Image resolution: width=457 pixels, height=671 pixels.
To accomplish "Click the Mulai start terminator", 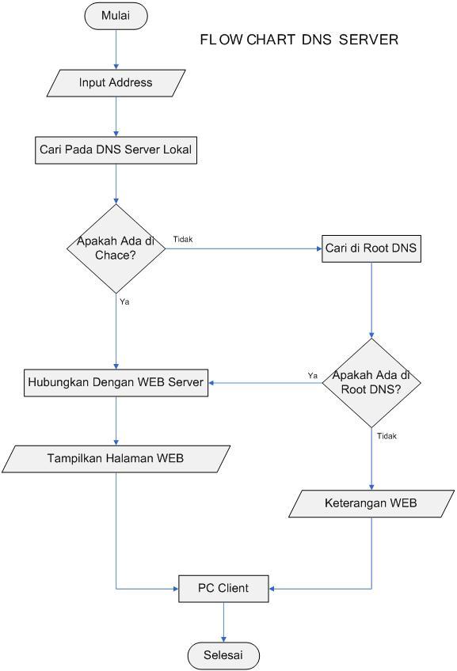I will [116, 16].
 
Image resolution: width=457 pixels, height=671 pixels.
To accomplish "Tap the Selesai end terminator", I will [223, 655].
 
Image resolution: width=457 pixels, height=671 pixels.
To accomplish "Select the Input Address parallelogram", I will [116, 82].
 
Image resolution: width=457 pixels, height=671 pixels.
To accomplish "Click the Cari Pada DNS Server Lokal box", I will [116, 150].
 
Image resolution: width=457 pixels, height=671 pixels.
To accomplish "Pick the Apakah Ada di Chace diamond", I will [116, 248].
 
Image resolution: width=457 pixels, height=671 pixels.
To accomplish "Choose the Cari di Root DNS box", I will [371, 248].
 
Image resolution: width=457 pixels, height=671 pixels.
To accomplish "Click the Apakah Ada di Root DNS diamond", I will [371, 383].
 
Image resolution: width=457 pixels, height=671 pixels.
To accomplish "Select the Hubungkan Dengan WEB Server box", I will [116, 383].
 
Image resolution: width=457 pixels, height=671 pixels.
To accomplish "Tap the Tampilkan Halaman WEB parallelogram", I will [116, 459].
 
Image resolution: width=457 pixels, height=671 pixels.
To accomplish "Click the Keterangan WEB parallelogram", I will [371, 503].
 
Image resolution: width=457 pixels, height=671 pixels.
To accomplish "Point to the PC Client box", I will [223, 589].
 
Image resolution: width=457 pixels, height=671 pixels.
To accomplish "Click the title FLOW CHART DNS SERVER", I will [299, 40].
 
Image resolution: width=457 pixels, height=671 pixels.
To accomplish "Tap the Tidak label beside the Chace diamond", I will [183, 240].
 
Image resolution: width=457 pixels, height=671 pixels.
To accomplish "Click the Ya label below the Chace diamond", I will [124, 302].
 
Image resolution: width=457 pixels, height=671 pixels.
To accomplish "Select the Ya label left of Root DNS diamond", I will [312, 375].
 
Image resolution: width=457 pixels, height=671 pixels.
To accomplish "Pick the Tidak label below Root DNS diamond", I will [387, 436].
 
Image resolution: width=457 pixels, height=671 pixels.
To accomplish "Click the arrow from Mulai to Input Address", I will [116, 49].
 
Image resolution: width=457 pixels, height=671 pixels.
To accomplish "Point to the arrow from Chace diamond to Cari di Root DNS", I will [242, 248].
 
